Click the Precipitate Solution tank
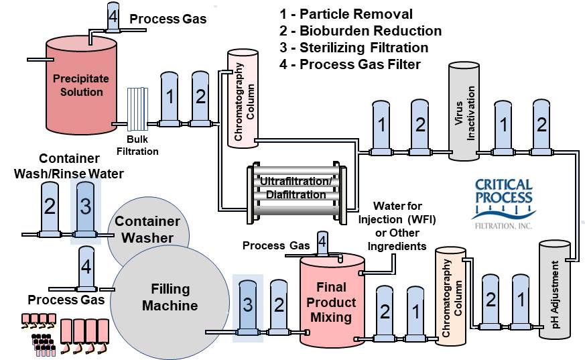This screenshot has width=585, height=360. [x=80, y=84]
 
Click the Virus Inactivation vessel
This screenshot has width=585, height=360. [x=468, y=111]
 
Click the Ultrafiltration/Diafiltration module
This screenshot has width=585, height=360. [x=294, y=188]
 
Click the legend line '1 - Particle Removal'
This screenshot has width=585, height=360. [x=346, y=14]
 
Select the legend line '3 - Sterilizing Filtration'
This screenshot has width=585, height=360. [x=353, y=48]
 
